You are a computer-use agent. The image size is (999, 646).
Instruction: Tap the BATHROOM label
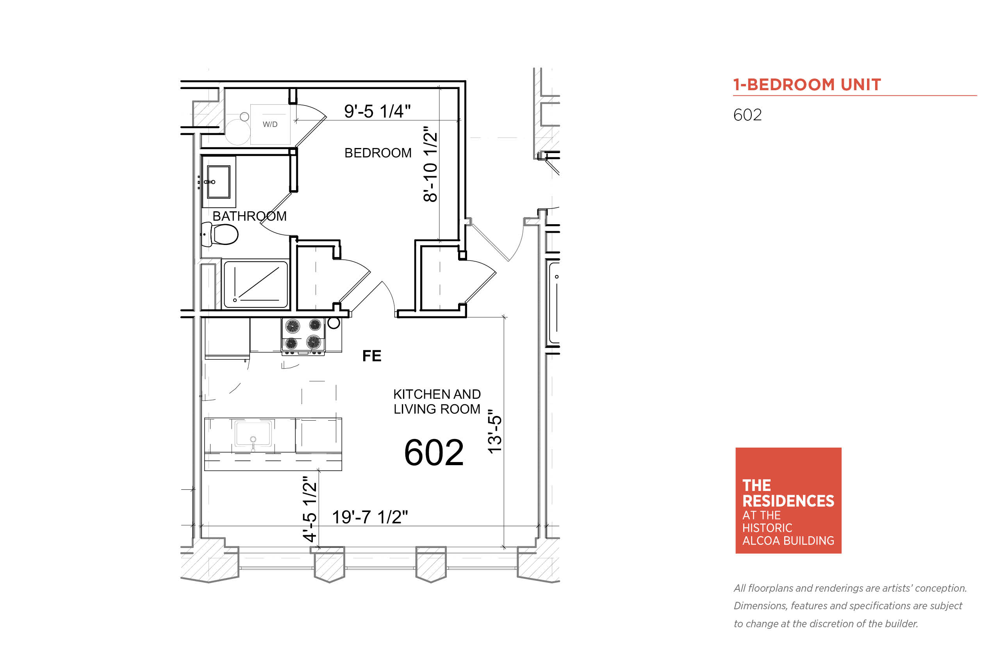pos(249,216)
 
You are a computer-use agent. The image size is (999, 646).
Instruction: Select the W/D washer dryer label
pos(270,124)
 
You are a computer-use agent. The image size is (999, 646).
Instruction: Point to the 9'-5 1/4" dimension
pos(377,111)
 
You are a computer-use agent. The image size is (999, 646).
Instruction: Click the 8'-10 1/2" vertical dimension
pos(430,164)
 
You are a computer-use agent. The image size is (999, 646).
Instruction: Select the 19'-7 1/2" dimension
pos(369,517)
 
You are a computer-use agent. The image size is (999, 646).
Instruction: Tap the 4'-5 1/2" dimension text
pos(310,509)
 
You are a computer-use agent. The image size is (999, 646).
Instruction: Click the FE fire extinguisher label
pos(371,356)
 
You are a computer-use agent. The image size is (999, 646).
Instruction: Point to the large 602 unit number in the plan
pos(433,453)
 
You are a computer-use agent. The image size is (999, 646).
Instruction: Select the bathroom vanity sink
pos(218,182)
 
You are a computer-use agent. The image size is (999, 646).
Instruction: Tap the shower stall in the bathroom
pos(256,284)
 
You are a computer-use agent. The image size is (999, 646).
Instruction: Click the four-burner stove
pos(303,335)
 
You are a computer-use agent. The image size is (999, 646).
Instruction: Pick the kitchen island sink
pos(253,434)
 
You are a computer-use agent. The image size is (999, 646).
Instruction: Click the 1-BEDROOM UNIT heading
pos(807,85)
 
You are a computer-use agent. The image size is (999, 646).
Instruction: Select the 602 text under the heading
pos(747,115)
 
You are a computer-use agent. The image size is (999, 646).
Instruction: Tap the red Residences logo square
pos(788,500)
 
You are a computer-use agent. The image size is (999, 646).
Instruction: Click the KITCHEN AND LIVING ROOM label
pos(437,402)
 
